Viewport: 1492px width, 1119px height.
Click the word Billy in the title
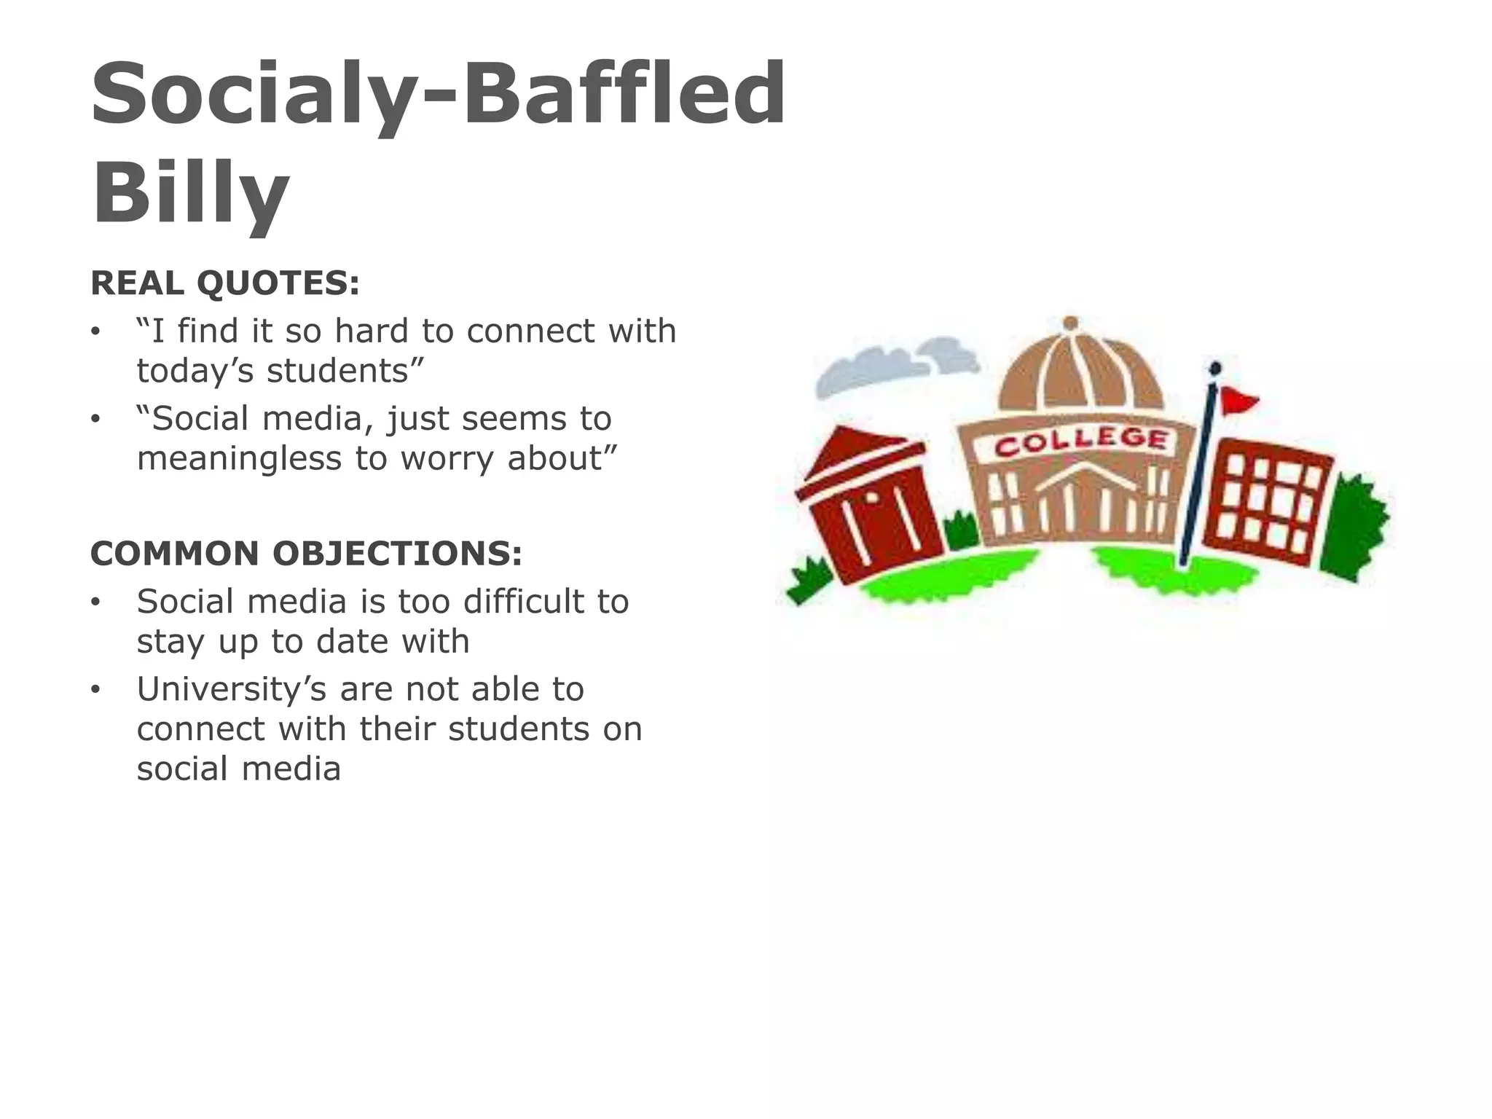191,192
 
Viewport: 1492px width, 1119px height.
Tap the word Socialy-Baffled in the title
438,93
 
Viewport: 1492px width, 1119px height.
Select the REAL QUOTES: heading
225,283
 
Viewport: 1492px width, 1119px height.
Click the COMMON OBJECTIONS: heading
306,554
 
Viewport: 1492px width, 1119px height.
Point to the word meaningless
239,459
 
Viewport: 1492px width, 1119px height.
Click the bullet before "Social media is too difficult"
95,602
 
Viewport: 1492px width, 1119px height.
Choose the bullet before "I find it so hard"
95,332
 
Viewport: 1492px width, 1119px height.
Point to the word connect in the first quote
531,331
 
